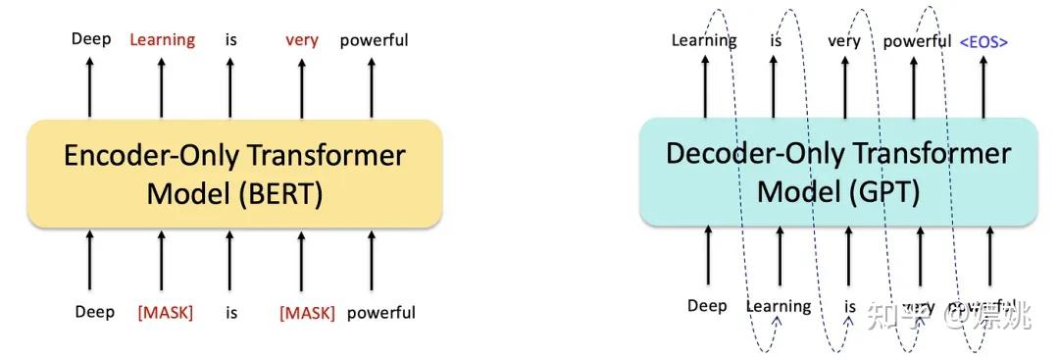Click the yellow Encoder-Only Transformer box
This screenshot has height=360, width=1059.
pyautogui.click(x=234, y=174)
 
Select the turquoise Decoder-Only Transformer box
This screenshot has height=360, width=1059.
pyautogui.click(x=838, y=172)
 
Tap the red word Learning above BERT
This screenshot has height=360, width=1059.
pyautogui.click(x=163, y=40)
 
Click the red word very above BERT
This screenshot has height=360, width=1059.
pyautogui.click(x=301, y=40)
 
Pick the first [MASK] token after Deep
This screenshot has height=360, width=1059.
pyautogui.click(x=165, y=313)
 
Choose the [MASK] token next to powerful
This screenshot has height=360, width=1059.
pyautogui.click(x=307, y=313)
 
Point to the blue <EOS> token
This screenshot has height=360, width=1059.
pyautogui.click(x=983, y=41)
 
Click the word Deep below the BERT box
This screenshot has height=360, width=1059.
pyautogui.click(x=94, y=312)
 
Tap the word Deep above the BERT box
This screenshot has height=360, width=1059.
pyautogui.click(x=91, y=40)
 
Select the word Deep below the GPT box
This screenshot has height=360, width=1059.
pyautogui.click(x=706, y=306)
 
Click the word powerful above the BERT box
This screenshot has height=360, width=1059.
pyautogui.click(x=374, y=40)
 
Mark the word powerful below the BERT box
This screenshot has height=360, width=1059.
pyautogui.click(x=380, y=313)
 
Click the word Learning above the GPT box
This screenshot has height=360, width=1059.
pyautogui.click(x=703, y=41)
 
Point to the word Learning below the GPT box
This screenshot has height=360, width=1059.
pyautogui.click(x=779, y=306)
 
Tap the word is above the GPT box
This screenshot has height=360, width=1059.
pyautogui.click(x=775, y=41)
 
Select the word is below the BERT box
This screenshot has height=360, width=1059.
pyautogui.click(x=231, y=313)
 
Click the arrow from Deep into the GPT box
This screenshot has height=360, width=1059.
pyautogui.click(x=707, y=260)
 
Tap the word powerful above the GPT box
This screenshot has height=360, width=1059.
pyautogui.click(x=917, y=41)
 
